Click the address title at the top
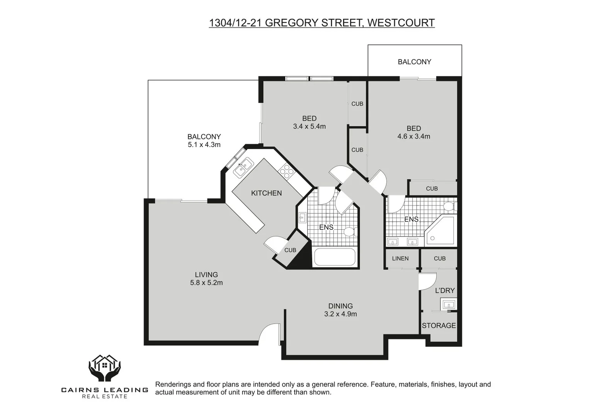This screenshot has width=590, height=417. coord(321,23)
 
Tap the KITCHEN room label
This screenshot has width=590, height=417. coord(266,193)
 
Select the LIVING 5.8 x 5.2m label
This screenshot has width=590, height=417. coord(206,278)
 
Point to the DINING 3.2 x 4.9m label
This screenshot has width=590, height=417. coord(340,310)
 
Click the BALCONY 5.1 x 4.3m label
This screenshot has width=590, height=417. coord(204,141)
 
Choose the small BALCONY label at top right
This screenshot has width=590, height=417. coord(414,62)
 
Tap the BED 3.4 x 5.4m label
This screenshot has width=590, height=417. coord(309,122)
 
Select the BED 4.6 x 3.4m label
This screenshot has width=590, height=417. coord(413,132)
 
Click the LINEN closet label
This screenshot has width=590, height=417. coord(400,258)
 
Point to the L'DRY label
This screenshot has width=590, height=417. coord(445,290)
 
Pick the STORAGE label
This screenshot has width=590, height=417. coord(439,325)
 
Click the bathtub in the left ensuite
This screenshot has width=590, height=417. coord(335,257)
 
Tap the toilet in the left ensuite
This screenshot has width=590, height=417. coord(350,232)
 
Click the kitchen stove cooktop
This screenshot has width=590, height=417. coord(286,171)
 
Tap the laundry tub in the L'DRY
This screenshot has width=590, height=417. coord(449,304)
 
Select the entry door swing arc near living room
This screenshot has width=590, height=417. coord(268,334)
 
